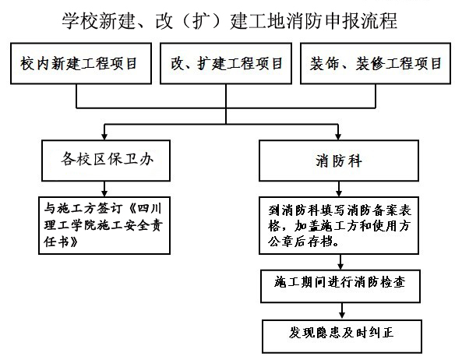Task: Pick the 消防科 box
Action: (x=337, y=161)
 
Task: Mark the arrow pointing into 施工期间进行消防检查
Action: (x=340, y=264)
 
